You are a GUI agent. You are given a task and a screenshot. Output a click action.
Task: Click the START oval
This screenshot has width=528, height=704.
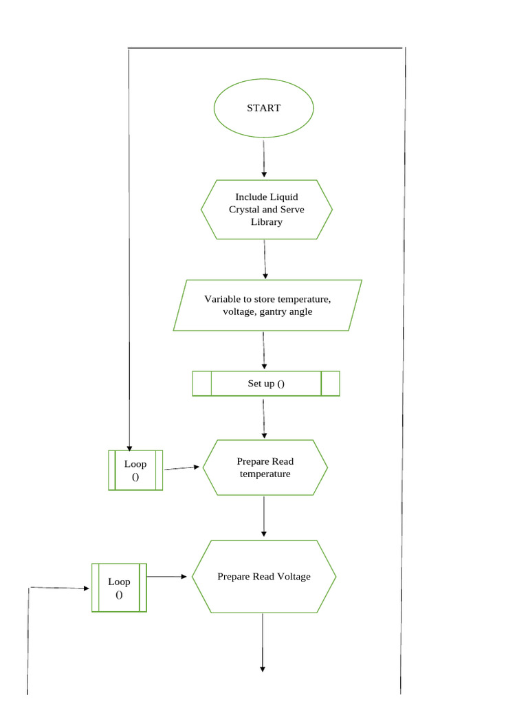[264, 109]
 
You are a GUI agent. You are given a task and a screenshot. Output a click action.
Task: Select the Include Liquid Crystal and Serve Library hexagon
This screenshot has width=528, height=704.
[267, 210]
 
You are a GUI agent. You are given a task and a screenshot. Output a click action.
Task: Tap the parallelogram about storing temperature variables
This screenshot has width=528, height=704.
[267, 305]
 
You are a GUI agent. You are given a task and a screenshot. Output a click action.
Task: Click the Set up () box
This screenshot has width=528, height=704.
[266, 384]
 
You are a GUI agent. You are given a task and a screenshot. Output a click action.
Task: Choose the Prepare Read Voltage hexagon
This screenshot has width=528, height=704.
[264, 576]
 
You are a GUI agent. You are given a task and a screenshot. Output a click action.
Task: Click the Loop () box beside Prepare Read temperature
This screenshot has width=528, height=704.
[135, 470]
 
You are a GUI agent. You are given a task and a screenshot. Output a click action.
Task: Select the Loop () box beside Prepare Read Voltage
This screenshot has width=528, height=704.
[119, 587]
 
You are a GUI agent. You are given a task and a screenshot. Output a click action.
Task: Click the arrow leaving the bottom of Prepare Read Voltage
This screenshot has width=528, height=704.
[262, 642]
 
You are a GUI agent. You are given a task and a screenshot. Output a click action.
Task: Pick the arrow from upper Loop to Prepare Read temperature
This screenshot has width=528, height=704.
[182, 467]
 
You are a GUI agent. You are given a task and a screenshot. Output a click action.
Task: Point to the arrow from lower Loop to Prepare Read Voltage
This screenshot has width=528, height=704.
[167, 576]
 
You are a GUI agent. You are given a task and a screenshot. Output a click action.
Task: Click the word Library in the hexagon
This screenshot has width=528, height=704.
[266, 222]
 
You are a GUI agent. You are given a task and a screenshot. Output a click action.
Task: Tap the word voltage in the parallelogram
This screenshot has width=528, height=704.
[239, 311]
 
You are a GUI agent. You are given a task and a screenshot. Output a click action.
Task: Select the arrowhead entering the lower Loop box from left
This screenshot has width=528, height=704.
[87, 588]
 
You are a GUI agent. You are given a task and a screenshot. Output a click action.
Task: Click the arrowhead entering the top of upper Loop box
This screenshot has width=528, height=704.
[129, 448]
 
